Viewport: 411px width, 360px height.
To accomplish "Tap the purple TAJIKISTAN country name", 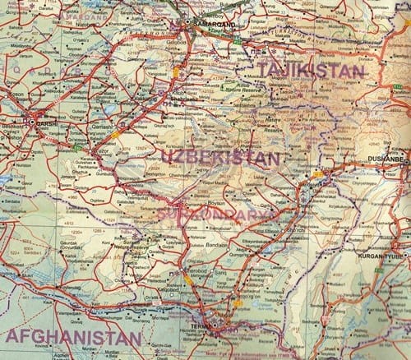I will coord(310,71).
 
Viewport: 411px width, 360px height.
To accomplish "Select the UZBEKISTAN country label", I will coord(220,156).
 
